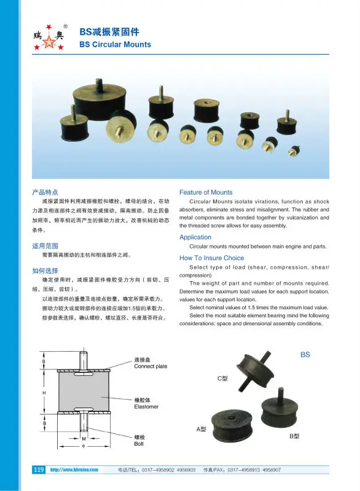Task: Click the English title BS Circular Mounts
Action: point(115,45)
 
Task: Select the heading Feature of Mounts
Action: point(206,192)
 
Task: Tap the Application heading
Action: point(195,237)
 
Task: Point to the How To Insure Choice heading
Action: point(211,258)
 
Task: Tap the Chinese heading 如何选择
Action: point(45,270)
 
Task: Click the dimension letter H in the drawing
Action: point(44,393)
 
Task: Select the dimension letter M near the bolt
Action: point(84,439)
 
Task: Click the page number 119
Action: point(38,470)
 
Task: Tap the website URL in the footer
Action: point(74,470)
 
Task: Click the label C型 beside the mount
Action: point(222,379)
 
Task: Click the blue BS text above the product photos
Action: point(305,355)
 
